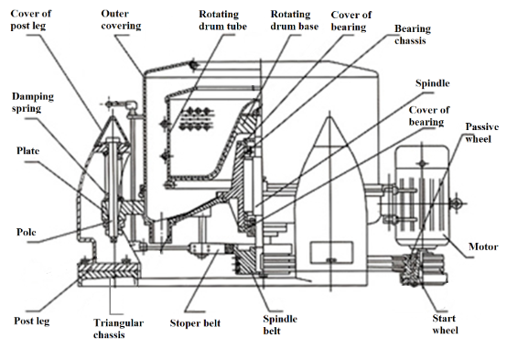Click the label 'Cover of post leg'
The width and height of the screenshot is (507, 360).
tap(31, 19)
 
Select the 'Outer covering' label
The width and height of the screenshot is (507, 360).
tap(121, 19)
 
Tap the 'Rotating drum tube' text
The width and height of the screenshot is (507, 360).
tap(222, 20)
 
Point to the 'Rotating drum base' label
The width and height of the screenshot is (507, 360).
tap(295, 20)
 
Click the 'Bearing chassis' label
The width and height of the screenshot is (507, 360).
tap(412, 34)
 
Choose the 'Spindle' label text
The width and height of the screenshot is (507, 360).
tap(432, 83)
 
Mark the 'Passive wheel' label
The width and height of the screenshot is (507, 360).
tap(481, 133)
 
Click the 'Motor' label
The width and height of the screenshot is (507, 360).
tap(483, 246)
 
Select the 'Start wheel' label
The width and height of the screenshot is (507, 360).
tap(445, 324)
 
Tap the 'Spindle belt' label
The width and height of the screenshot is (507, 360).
tap(280, 324)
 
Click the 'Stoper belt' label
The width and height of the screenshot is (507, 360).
tap(195, 323)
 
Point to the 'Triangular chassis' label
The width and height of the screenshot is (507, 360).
tap(118, 328)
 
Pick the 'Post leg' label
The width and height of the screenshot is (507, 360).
tap(32, 321)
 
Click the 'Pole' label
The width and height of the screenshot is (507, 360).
tap(26, 232)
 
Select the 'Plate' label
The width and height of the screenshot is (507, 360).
tap(27, 150)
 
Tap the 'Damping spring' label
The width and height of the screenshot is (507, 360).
tap(33, 103)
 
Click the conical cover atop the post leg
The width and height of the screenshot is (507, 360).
tap(113, 129)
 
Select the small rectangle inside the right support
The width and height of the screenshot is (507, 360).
tap(331, 252)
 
